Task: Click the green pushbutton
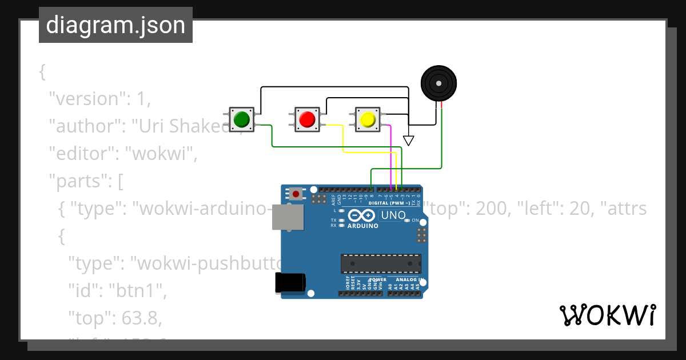[241, 119]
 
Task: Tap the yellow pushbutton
[366, 119]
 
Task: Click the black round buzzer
[439, 83]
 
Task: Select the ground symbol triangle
[408, 140]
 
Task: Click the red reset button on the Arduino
[296, 194]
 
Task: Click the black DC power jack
[290, 283]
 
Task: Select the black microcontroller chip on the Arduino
[380, 263]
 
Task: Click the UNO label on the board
[393, 216]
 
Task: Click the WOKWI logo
[607, 315]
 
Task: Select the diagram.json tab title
[115, 26]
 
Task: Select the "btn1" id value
[138, 290]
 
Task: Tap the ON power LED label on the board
[415, 221]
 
